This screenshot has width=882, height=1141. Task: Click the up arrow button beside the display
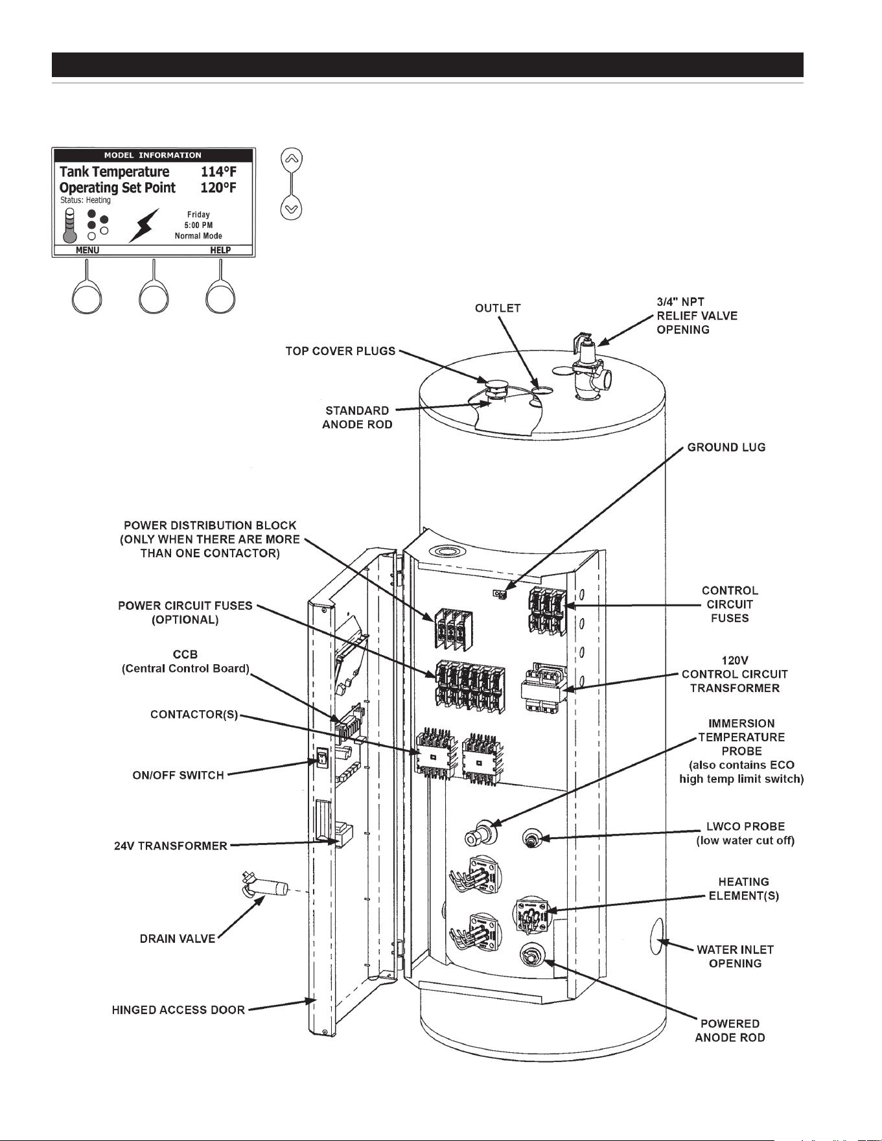coord(292,157)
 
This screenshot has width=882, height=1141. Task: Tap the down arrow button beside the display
coord(292,209)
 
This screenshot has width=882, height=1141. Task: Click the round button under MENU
coord(86,299)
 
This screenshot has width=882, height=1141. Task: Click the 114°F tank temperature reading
coord(218,172)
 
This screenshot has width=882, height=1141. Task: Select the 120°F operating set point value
coord(218,188)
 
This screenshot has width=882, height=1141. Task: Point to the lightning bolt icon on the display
coord(144,225)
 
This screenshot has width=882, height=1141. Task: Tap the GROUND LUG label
coord(726,447)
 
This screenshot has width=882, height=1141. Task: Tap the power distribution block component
coord(450,628)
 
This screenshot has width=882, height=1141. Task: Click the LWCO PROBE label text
coord(745,827)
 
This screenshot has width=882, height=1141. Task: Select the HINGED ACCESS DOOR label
coord(178,1010)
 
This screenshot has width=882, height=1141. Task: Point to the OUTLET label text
coord(498,308)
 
